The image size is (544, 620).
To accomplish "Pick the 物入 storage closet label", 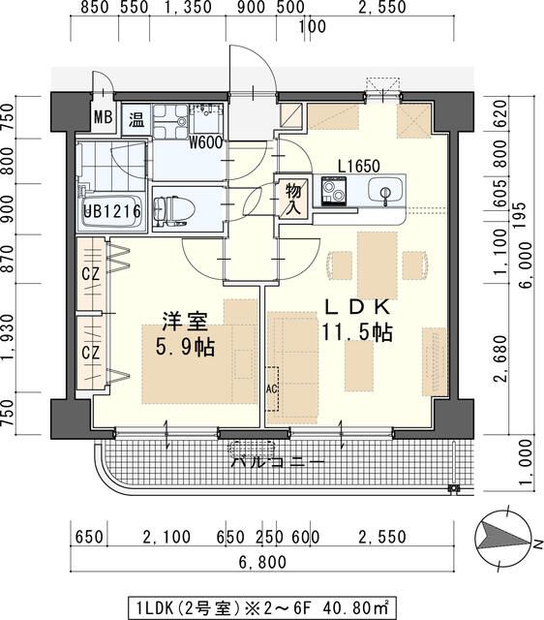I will coord(292,198).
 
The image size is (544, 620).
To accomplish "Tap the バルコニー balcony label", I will coord(277,461).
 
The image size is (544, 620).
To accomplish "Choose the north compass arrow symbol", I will coord(499,536).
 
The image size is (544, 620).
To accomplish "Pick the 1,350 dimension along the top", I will coord(187,9).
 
